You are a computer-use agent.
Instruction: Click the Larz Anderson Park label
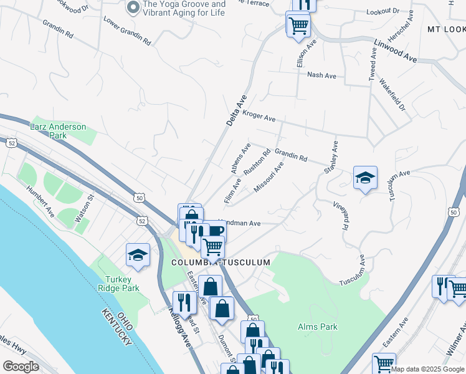[x=58, y=131]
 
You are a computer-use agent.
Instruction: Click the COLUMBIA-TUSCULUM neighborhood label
[x=221, y=262]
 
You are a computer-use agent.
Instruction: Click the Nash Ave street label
[x=321, y=75]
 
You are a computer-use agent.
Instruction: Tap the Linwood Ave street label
[x=396, y=50]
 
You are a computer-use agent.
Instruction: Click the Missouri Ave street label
[x=269, y=177]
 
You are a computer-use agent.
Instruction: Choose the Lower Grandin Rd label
[x=128, y=31]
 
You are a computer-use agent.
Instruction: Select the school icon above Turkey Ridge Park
[x=138, y=254]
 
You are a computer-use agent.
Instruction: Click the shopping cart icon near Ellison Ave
[x=298, y=25]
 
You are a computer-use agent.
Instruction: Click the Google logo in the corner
[x=21, y=367]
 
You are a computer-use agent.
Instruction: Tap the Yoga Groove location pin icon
[x=133, y=7]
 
